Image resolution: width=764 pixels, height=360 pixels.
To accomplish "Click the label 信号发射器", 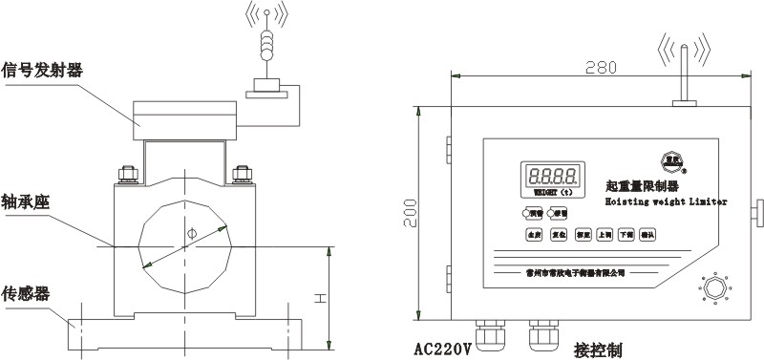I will tap(42, 70).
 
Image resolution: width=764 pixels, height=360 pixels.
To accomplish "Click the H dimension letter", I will tap(322, 298).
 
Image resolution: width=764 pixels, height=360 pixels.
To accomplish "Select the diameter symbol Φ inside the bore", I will tap(192, 233).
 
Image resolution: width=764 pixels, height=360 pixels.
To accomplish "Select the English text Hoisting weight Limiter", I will tap(666, 201).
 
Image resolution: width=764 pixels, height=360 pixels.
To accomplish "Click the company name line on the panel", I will tap(575, 270).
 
